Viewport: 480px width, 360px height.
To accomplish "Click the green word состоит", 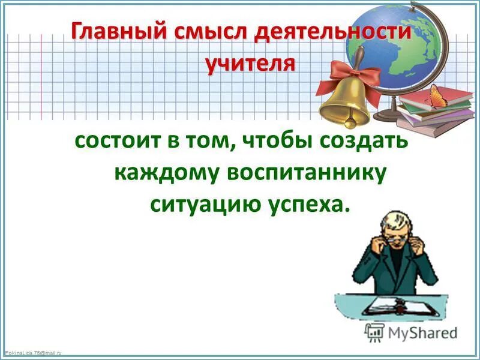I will (116, 142).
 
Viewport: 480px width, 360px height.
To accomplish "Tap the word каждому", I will (165, 173).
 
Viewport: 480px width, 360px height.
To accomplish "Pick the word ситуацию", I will (200, 204).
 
